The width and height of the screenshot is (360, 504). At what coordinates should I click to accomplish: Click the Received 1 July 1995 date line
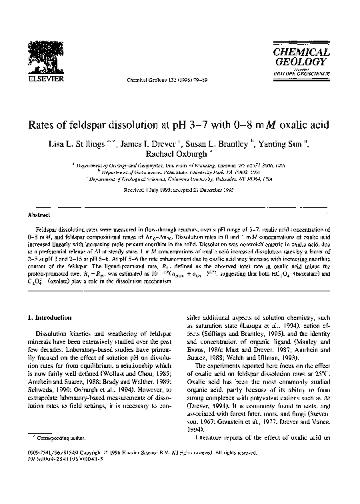[x=180, y=189]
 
